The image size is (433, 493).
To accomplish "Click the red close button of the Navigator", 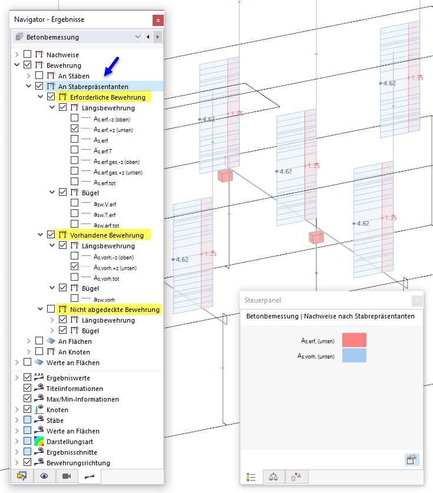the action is pos(158,21).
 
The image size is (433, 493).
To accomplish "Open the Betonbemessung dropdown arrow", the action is pos(137,37).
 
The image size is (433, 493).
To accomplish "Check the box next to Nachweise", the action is pos(27,54).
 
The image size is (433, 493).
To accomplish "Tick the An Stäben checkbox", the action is pos(39,75).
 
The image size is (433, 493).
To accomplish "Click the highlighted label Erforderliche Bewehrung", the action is pos(108,97).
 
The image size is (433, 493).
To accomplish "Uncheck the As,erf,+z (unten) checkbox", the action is pos(74,129).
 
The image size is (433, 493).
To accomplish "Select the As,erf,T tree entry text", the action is pos(103,151).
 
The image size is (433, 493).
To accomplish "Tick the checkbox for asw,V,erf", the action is pos(74,203).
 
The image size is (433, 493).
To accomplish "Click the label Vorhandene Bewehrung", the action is pos(107,235).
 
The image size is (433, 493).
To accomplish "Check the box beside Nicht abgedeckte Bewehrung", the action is pos(51,309).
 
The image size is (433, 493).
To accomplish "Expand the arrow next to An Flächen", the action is pos(29,341).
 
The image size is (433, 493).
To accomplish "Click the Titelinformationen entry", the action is pos(75,389).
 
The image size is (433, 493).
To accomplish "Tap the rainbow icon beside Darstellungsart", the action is pos(39,442).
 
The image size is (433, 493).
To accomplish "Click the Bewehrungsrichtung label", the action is pos(78,463).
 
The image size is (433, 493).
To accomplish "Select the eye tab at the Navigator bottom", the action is pos(44,476).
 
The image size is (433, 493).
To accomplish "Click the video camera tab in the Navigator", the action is pos(67,476).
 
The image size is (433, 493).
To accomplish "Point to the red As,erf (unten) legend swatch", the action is pos(354,340).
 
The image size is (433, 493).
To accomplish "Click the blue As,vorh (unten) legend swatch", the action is pos(354,355).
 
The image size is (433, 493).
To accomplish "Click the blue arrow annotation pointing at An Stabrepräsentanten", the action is pos(111,66).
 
